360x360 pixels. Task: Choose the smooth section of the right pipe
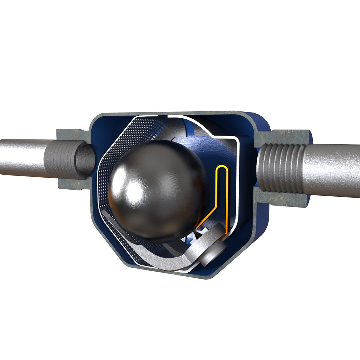[x=333, y=170]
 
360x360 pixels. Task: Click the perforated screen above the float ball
[x=140, y=130]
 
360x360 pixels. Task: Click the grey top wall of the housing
[x=167, y=113]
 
